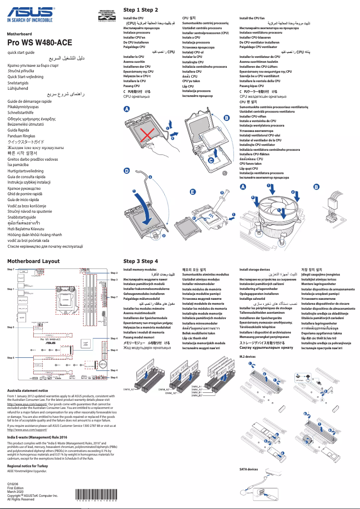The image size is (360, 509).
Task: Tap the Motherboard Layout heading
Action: tap(33, 261)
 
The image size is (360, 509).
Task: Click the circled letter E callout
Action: tap(193, 192)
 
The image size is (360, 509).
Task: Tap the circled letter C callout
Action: tap(211, 160)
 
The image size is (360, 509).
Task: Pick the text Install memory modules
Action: tap(140, 270)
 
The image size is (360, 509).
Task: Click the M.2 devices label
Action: tap(247, 356)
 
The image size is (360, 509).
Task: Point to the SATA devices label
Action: tap(249, 469)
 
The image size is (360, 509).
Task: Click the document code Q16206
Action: tap(13, 484)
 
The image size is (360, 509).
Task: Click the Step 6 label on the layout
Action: tap(114, 377)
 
